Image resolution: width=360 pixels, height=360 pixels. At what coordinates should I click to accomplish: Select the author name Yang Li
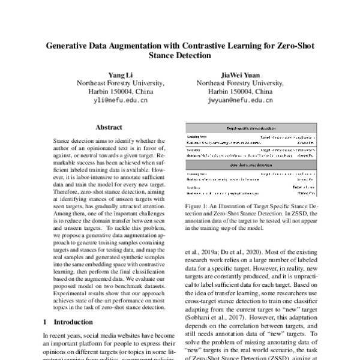(x=119, y=74)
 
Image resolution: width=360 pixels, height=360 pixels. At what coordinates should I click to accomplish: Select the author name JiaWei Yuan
(x=240, y=74)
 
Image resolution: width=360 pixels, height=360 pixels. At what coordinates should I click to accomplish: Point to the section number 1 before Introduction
(x=46, y=322)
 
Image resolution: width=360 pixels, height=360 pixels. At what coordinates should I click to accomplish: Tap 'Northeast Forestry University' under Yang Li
(x=119, y=83)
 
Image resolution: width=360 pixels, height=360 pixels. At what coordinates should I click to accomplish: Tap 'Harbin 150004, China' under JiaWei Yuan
(x=240, y=92)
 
